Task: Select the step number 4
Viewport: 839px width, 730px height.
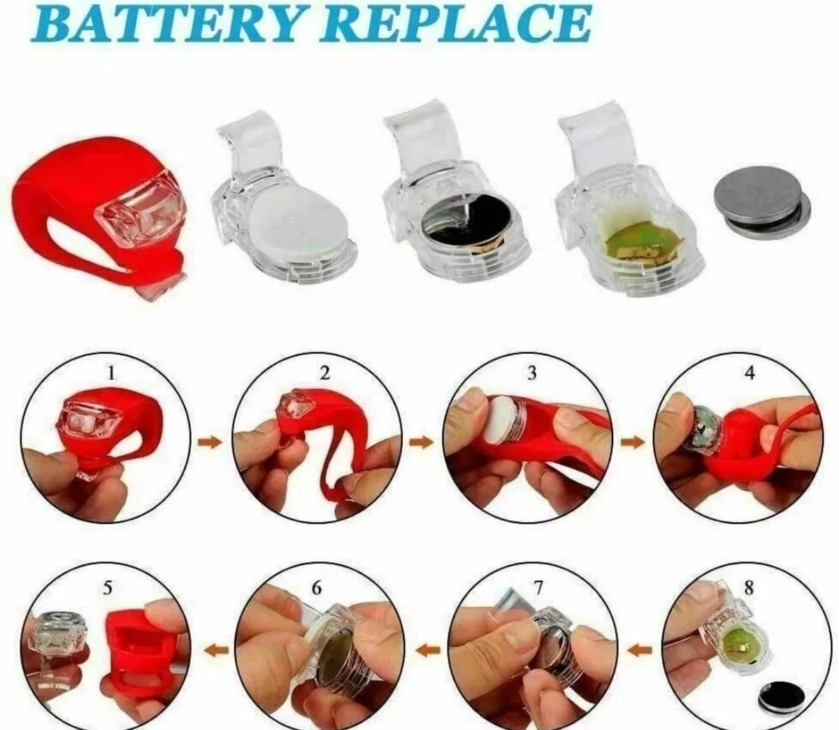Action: [750, 373]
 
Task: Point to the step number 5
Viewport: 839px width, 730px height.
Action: [108, 588]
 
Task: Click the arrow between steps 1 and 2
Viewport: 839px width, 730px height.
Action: [210, 443]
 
